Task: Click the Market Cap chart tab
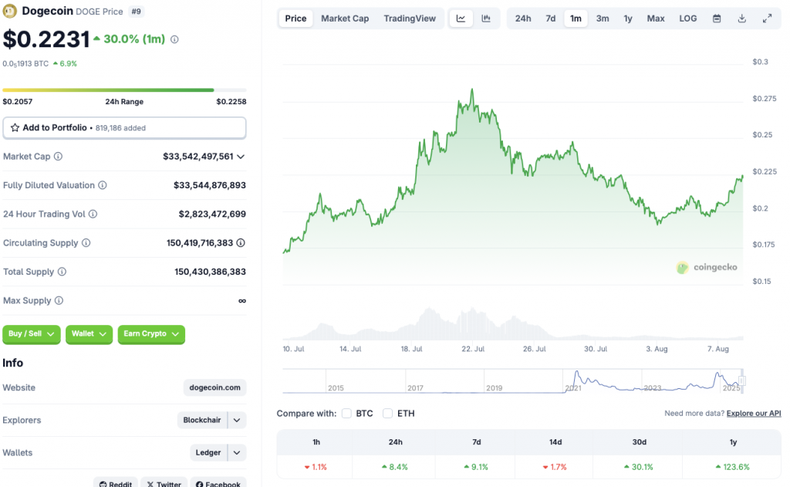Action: click(x=345, y=19)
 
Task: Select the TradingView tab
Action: click(x=410, y=19)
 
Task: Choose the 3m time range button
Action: click(x=603, y=19)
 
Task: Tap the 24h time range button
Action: click(x=523, y=19)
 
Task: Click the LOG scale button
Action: click(x=688, y=19)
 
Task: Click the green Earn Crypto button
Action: click(x=151, y=334)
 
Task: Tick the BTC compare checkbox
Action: click(x=346, y=414)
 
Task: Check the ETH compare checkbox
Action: click(x=388, y=414)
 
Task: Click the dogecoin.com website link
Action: click(x=215, y=387)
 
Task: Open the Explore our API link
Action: click(x=754, y=414)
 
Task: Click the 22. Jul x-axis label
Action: click(x=472, y=349)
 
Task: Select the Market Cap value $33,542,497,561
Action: click(x=198, y=157)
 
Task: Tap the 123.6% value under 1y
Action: click(x=733, y=467)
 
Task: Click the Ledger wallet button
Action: click(x=209, y=453)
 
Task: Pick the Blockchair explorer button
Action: click(x=202, y=421)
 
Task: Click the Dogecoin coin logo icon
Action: click(x=11, y=12)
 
